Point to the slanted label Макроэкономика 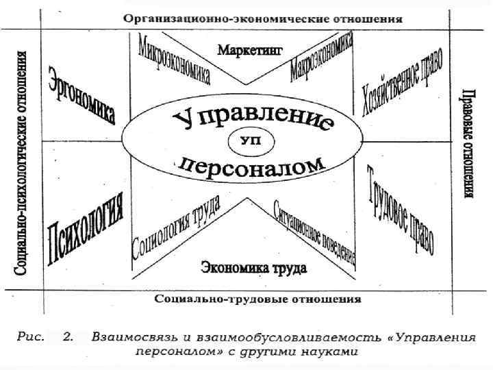pos(321,60)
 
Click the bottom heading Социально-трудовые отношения pos(257,299)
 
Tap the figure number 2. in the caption pos(68,336)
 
